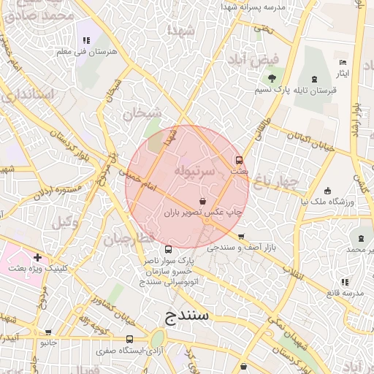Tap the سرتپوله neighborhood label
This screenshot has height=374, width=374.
tap(195, 171)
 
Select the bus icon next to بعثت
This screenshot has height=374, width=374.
tap(238, 160)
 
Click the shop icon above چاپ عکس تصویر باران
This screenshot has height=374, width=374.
tap(202, 201)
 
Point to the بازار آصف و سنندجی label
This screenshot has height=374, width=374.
tap(243, 248)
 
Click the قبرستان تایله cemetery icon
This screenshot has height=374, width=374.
tap(314, 79)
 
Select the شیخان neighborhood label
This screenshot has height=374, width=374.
tap(141, 113)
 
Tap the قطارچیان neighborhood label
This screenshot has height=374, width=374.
tap(129, 239)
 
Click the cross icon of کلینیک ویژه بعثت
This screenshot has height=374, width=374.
tap(37, 257)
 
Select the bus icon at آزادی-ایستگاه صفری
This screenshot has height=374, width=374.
tap(129, 340)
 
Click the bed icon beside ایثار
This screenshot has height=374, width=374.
tap(344, 62)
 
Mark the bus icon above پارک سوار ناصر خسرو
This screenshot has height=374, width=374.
tap(169, 249)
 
